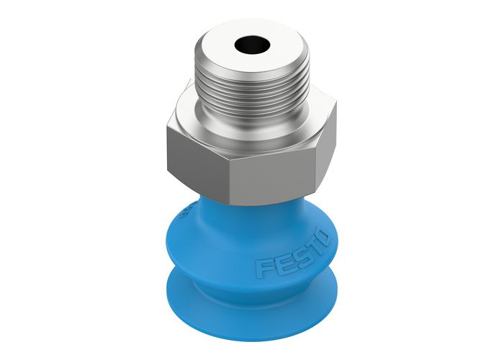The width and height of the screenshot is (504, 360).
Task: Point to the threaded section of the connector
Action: (252, 90)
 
